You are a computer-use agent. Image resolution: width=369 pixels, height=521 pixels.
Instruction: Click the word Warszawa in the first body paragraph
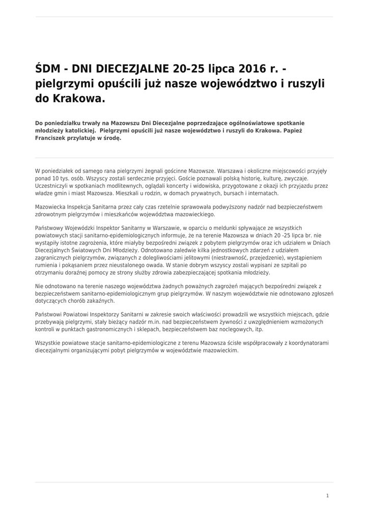(x=231, y=171)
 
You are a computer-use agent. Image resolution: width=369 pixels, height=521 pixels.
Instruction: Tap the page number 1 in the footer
(x=328, y=496)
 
